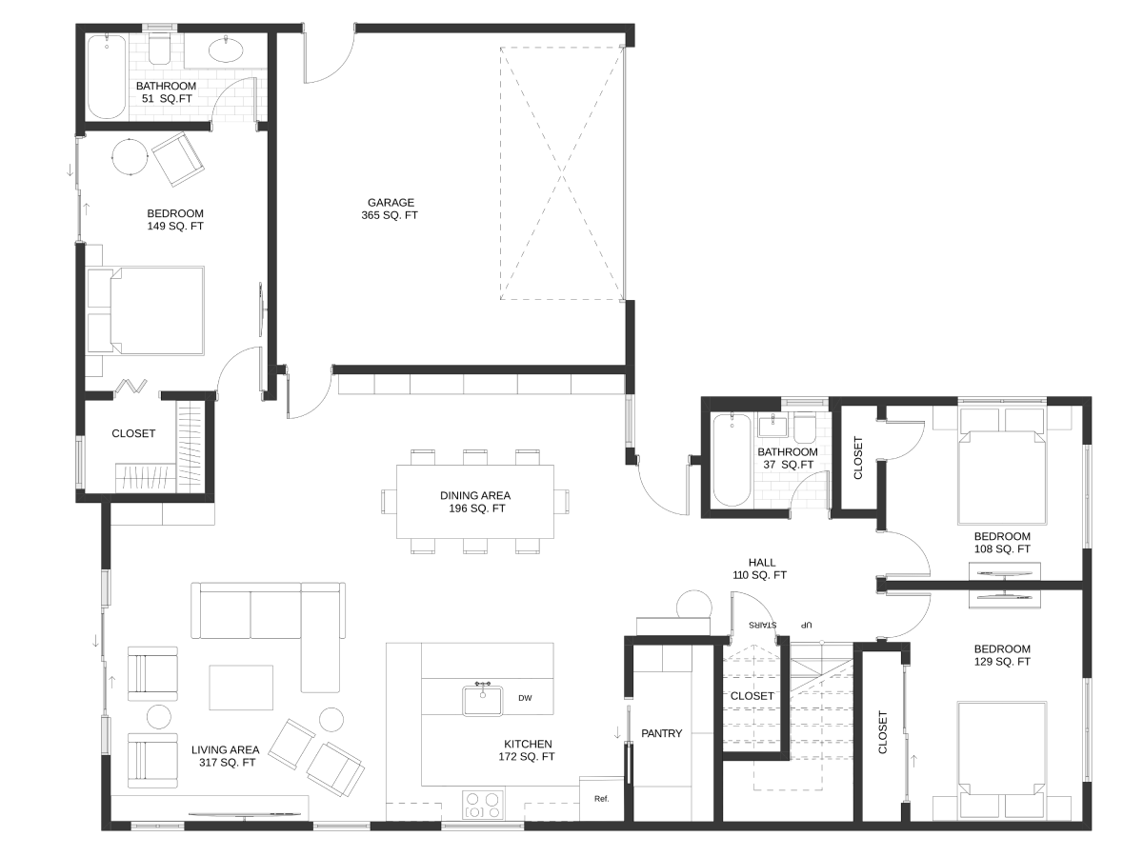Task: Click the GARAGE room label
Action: (x=391, y=203)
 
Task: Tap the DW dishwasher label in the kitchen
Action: (x=525, y=698)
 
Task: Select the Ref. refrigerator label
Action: (x=601, y=799)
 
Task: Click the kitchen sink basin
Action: (x=483, y=701)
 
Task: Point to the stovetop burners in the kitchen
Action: (x=483, y=805)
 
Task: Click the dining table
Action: (x=475, y=502)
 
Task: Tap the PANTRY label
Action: (x=661, y=733)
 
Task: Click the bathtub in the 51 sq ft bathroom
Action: (x=107, y=76)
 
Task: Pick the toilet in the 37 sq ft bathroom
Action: (x=805, y=427)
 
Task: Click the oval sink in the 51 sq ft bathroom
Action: (x=226, y=50)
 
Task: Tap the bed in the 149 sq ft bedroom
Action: (x=145, y=310)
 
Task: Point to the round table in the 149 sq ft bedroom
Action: (x=130, y=156)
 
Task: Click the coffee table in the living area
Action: (x=241, y=687)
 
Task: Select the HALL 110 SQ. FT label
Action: (x=760, y=568)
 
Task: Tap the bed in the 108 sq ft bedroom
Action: (x=1002, y=466)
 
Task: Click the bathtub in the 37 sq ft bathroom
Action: (x=732, y=460)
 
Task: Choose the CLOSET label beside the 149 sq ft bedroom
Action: (x=133, y=433)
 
